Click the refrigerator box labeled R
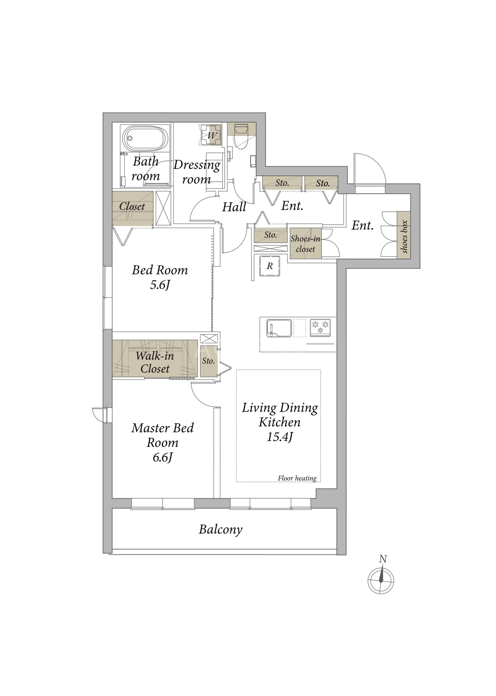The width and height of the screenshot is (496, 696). coord(270,266)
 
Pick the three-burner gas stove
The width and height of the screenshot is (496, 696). coord(320,328)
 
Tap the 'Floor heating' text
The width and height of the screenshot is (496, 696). coord(297,478)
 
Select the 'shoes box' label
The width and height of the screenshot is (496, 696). coord(404,237)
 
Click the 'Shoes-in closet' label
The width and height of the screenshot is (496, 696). coord(305,244)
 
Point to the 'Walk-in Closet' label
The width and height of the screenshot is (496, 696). coord(155,362)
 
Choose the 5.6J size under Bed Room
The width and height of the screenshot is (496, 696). coord(160,285)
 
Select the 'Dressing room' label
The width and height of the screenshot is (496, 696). coord(197,172)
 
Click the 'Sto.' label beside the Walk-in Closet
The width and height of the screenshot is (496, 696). coord(208,361)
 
